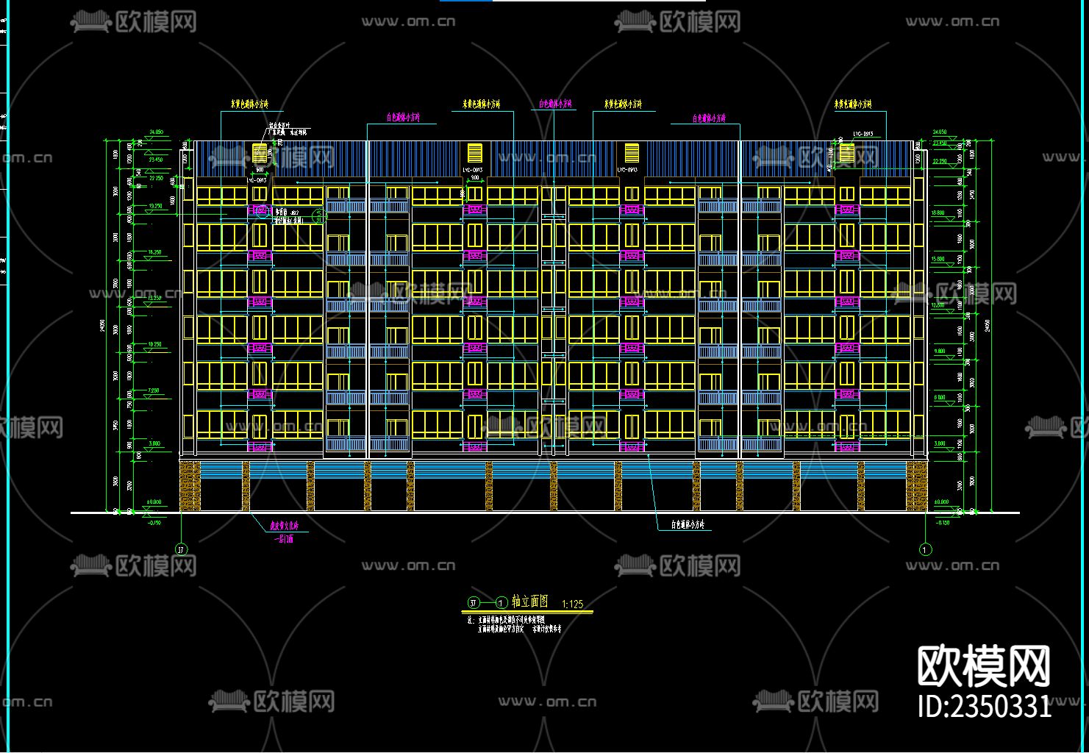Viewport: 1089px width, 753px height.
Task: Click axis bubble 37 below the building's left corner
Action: [181, 549]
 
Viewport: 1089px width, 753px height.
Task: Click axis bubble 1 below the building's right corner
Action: [926, 549]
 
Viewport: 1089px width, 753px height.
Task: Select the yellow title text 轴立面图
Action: [529, 602]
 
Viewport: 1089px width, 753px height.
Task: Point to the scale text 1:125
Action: [572, 604]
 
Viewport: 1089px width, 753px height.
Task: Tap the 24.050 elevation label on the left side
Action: [155, 132]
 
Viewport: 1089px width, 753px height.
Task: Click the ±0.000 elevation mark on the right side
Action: [941, 502]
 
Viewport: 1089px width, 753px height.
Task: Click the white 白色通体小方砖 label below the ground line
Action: [688, 525]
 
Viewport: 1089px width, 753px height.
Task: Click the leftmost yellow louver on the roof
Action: [260, 153]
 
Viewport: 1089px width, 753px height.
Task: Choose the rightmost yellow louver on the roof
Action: [847, 153]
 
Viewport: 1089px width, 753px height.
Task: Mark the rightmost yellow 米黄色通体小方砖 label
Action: [853, 105]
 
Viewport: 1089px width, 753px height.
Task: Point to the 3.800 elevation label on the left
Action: [154, 444]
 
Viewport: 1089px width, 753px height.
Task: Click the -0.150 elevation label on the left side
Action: [154, 522]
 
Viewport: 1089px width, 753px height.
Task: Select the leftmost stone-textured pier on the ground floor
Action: [189, 486]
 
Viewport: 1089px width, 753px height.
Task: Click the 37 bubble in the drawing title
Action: [474, 603]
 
